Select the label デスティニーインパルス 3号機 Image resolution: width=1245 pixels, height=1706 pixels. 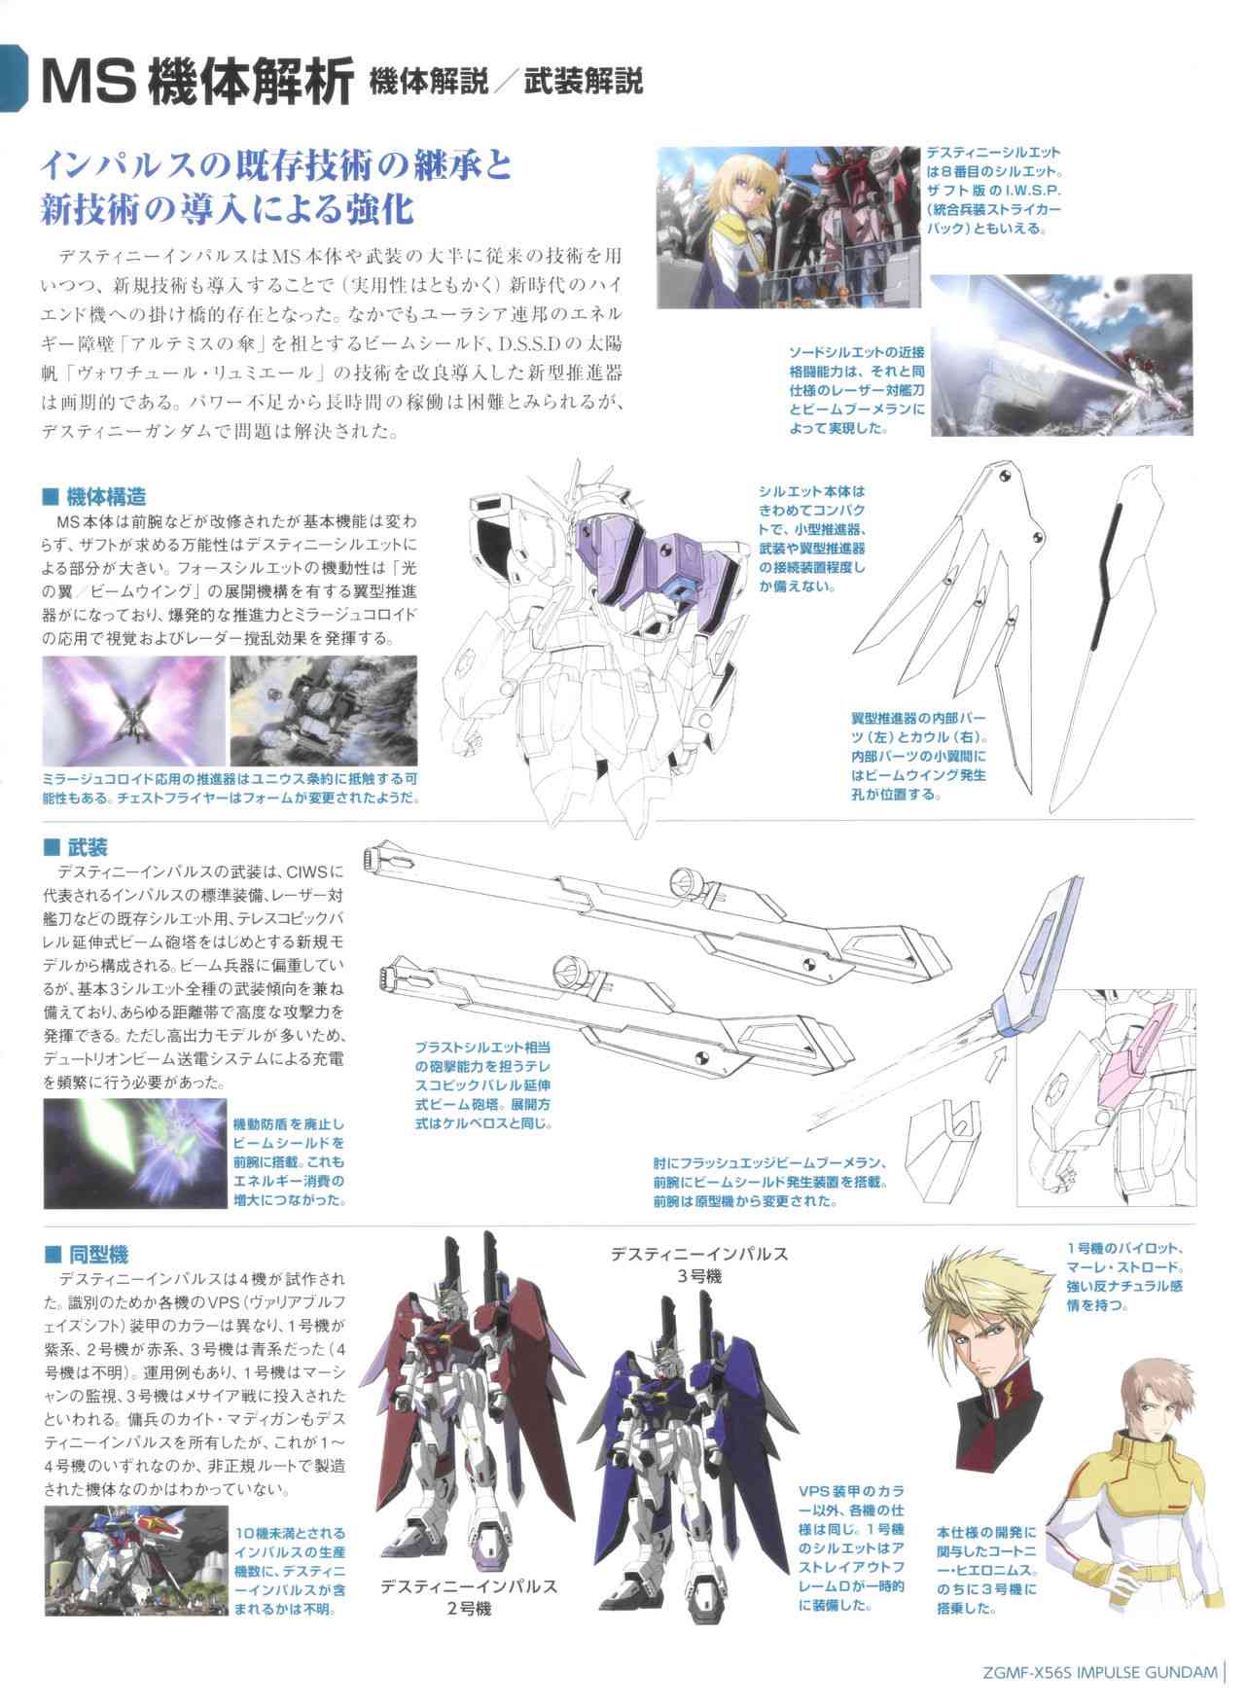(x=697, y=1264)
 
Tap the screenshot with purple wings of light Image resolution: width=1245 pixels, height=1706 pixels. (x=131, y=710)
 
